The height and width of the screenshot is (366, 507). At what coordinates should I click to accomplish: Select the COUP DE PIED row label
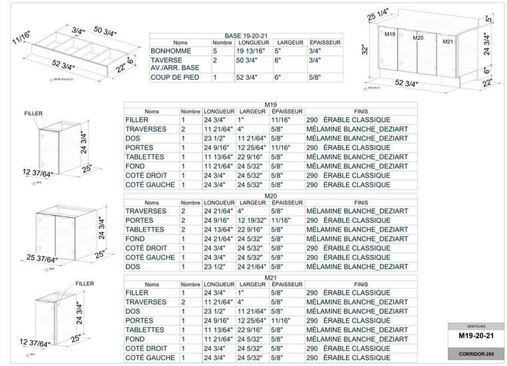pyautogui.click(x=174, y=78)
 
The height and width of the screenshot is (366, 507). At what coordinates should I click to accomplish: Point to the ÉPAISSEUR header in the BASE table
pyautogui.click(x=325, y=41)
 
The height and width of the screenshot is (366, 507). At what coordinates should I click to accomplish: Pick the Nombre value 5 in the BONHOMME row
pyautogui.click(x=215, y=51)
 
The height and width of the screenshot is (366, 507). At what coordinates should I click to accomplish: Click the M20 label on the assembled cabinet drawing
pyautogui.click(x=418, y=39)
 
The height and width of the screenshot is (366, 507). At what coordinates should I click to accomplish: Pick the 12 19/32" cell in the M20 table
pyautogui.click(x=252, y=220)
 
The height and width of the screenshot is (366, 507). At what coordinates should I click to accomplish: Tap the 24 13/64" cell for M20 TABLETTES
pyautogui.click(x=218, y=229)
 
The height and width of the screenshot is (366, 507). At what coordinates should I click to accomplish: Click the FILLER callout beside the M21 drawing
pyautogui.click(x=84, y=283)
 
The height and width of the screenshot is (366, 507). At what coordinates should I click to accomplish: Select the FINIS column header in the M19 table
pyautogui.click(x=361, y=110)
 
